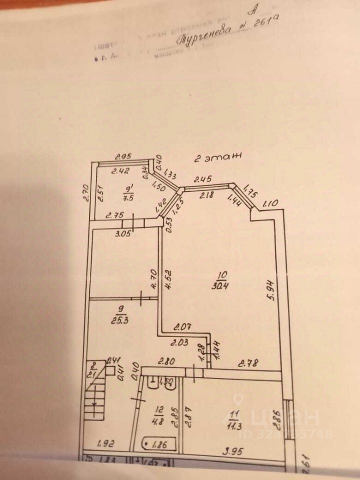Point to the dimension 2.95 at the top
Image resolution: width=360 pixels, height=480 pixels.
tap(123, 156)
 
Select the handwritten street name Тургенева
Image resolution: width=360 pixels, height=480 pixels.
tap(203, 35)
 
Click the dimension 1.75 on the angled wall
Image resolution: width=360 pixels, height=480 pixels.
tap(251, 193)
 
